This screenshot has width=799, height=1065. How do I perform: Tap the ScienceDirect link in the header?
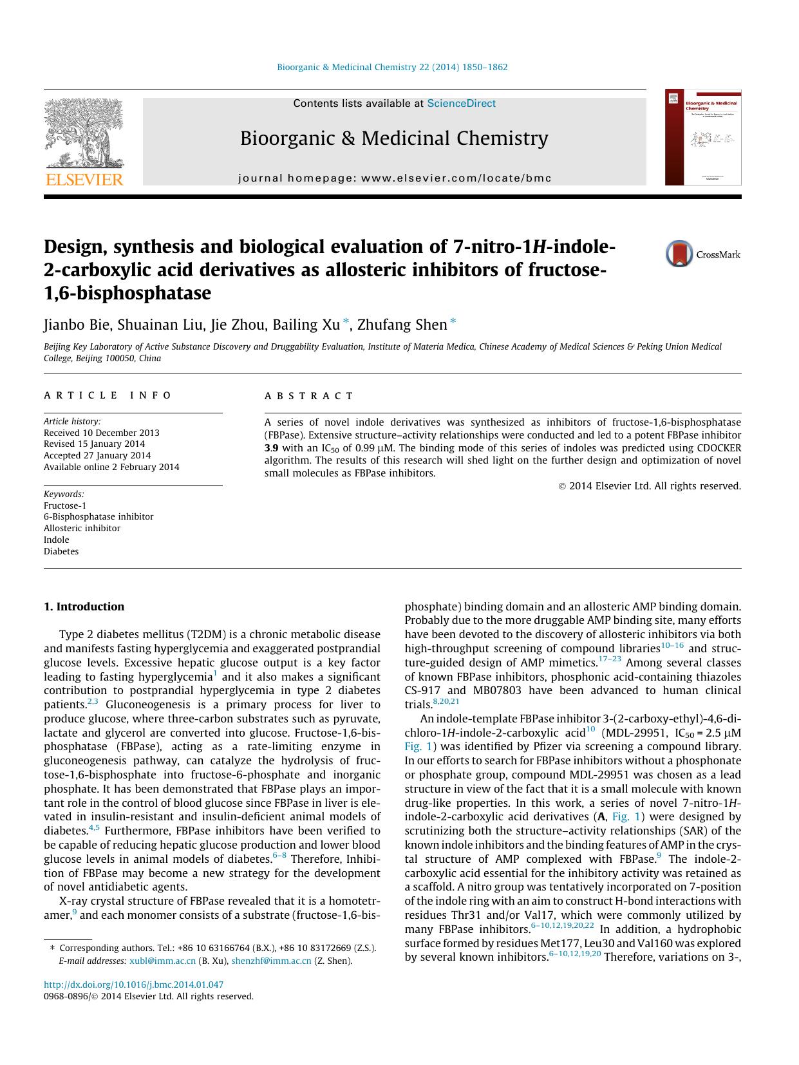(461, 104)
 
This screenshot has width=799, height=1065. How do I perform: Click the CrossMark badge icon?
(679, 254)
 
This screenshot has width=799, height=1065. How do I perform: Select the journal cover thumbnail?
(703, 137)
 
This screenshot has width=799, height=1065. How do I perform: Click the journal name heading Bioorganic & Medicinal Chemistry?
(394, 138)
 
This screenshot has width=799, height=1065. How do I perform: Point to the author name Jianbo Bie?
(77, 325)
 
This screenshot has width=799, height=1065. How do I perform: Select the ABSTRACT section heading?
(309, 396)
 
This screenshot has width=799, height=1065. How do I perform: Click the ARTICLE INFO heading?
(108, 395)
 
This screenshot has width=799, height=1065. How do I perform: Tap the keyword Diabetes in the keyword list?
(61, 552)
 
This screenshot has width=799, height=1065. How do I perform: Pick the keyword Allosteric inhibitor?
(82, 529)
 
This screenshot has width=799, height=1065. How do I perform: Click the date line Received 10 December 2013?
(102, 433)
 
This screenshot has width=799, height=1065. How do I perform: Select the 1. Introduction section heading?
(84, 607)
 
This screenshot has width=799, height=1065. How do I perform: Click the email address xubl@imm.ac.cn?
(162, 961)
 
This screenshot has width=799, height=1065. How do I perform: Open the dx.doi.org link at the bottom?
(133, 985)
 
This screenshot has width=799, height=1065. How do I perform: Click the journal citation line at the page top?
(392, 67)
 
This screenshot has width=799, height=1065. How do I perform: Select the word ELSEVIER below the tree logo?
(84, 180)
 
